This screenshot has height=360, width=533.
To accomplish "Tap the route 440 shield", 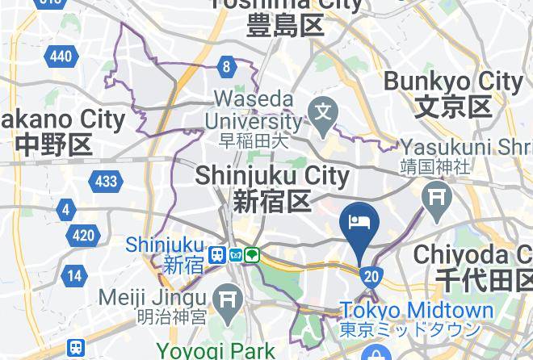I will [x=60, y=56].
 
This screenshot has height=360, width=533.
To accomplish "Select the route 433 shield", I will [x=106, y=181].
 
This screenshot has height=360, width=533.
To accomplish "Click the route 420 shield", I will [x=83, y=236].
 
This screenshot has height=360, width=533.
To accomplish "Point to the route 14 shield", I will [x=74, y=275].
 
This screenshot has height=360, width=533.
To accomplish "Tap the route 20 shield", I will [x=371, y=277].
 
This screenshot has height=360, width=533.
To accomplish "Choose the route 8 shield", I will [x=229, y=67].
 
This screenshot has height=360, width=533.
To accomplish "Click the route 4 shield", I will [x=65, y=211].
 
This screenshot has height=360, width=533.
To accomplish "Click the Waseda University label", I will [x=254, y=111].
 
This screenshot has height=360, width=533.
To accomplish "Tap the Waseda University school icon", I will [x=325, y=109].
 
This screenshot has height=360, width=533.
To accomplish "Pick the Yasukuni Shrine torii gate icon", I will [x=438, y=195].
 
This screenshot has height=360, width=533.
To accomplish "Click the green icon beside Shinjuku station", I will [x=253, y=255].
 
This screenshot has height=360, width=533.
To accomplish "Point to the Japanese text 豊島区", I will [x=286, y=25].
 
